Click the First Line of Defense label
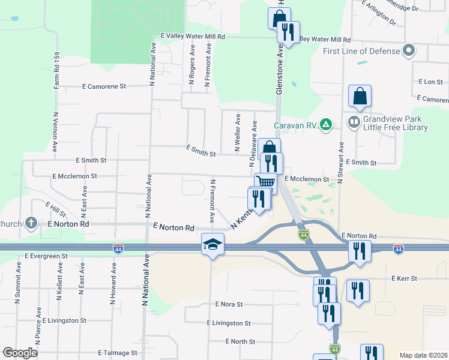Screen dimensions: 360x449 361,51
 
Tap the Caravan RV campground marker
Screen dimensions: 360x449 326,125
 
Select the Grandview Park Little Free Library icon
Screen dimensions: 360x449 354,123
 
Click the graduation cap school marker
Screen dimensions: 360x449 212,244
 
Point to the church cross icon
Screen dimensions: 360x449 32,224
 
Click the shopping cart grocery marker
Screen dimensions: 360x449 265,182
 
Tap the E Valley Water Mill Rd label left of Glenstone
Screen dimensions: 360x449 188,37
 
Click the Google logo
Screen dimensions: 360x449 20,353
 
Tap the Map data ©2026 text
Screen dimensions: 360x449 423,355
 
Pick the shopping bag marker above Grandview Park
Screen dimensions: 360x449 360,96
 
